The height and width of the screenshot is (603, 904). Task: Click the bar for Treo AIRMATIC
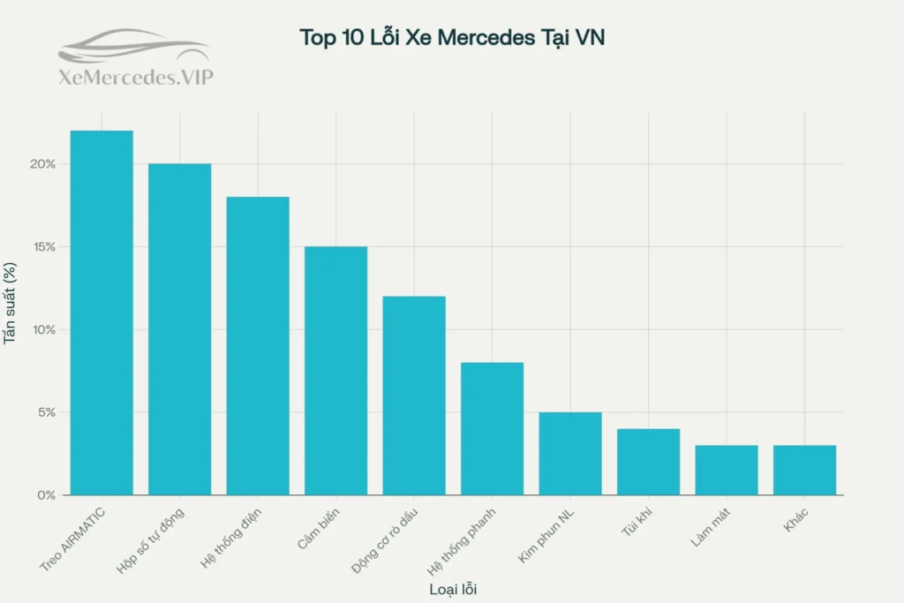(102, 313)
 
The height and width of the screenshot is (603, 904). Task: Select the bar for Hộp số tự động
(179, 329)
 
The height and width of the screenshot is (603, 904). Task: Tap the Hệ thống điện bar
(258, 345)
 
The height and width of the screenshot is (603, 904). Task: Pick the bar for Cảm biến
(335, 371)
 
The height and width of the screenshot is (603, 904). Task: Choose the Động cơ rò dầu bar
(414, 396)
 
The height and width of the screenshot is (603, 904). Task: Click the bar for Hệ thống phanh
(492, 428)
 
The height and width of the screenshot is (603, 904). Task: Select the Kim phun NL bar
(570, 453)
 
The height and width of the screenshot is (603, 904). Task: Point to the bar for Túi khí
(648, 462)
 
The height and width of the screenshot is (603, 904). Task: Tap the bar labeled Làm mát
(727, 470)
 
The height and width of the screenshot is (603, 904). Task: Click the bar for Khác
(804, 470)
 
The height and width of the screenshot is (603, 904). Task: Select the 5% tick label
(47, 412)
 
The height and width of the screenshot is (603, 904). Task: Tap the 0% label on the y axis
(47, 495)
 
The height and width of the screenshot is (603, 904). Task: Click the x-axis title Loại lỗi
(452, 588)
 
